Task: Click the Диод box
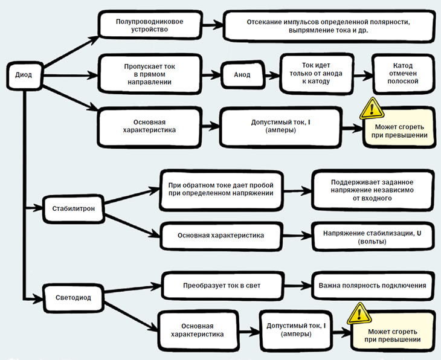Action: point(24,76)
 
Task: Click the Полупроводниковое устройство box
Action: point(150,25)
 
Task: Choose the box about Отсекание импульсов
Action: point(329,26)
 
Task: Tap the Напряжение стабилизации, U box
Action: point(372,237)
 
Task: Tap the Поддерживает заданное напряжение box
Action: point(372,190)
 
